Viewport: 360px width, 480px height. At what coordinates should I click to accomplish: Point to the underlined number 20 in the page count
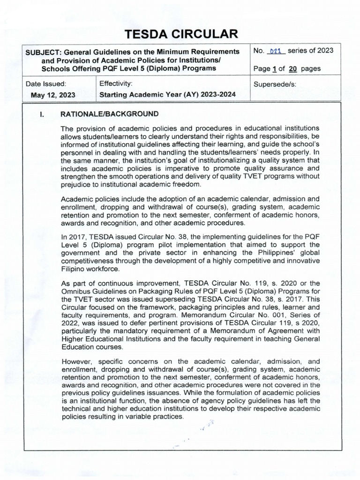292,68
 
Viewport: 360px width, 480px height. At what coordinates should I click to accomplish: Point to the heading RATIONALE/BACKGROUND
108,114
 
